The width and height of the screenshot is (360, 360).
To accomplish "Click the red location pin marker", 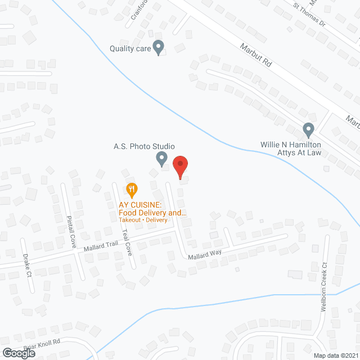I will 179,167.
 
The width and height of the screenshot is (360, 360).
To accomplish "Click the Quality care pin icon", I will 159,47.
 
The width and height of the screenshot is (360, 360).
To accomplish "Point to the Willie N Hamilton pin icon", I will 308,130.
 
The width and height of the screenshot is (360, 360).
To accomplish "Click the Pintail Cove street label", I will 71,231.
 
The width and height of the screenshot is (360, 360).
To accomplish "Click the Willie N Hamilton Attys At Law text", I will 290,148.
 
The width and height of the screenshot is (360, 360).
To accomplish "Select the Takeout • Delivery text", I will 143,220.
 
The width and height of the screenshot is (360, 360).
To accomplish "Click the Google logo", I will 18,353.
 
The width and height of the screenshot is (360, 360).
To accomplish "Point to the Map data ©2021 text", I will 335,355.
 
